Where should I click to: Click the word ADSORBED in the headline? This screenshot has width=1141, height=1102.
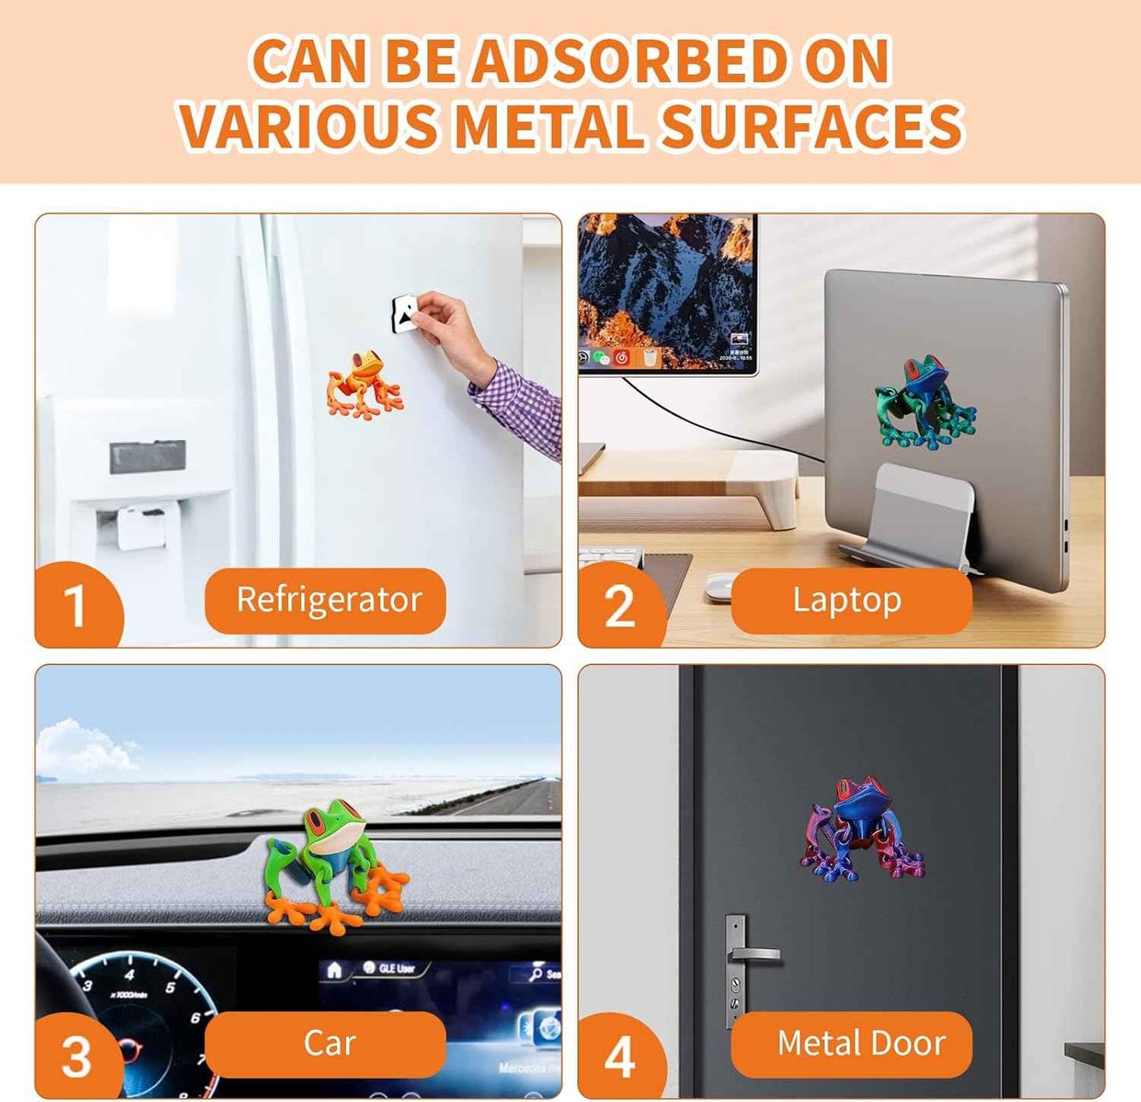point(632,61)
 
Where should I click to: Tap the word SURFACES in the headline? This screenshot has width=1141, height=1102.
point(811,126)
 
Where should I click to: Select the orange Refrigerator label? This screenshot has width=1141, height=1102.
point(325,600)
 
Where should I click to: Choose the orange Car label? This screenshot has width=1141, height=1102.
point(325,1044)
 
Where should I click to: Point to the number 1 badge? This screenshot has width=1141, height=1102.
point(76,606)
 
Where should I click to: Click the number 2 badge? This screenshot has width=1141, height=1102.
point(619,606)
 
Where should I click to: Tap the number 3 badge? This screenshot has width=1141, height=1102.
point(76,1057)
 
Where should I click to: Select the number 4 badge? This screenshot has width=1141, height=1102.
point(619,1057)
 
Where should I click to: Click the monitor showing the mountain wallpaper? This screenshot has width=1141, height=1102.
point(667,292)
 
